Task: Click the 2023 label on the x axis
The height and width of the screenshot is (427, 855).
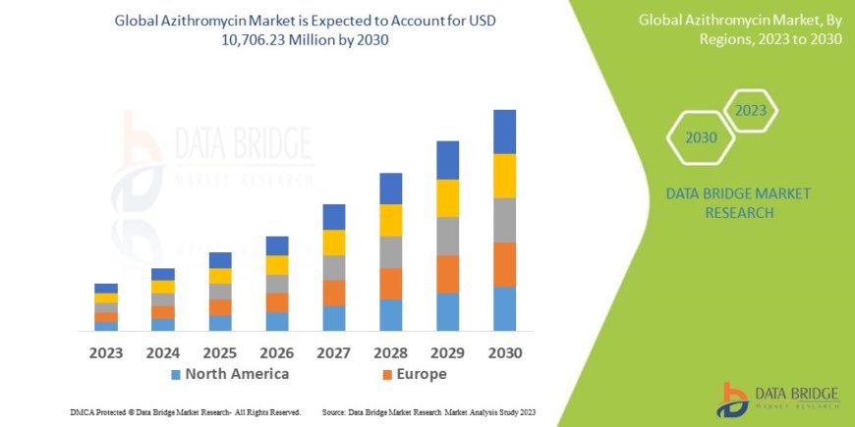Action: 106,352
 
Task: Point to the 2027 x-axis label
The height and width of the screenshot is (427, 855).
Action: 334,352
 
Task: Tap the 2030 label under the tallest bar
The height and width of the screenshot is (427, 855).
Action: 504,352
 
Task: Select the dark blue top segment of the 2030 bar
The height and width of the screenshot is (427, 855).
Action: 504,132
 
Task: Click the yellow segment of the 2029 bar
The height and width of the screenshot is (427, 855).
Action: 447,198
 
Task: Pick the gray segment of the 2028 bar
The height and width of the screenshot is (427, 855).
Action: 391,252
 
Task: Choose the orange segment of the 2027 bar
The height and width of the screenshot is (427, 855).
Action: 334,293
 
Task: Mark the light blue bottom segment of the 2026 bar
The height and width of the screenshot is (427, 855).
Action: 277,321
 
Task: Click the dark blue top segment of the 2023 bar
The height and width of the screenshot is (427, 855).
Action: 106,288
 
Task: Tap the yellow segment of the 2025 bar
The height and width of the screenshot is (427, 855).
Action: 220,276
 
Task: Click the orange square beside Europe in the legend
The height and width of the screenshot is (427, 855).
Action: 387,375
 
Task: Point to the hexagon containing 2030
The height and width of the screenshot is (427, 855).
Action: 701,137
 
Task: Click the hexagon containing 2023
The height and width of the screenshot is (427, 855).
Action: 750,110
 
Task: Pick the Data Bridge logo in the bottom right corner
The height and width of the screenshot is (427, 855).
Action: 780,399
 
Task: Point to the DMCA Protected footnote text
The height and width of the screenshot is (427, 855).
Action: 186,411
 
